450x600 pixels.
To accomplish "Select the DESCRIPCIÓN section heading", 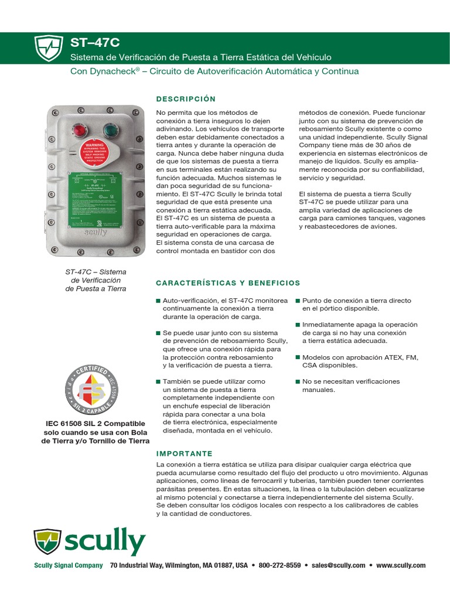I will pyautogui.click(x=186, y=98).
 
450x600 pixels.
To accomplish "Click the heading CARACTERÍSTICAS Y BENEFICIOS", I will pyautogui.click(x=228, y=283).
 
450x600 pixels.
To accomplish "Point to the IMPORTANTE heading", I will pyautogui.click(x=185, y=454).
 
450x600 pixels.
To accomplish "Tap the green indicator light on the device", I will pyautogui.click(x=110, y=128).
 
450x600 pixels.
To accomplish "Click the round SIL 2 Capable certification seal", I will pyautogui.click(x=95, y=388).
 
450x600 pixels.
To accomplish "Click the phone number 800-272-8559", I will pyautogui.click(x=279, y=565).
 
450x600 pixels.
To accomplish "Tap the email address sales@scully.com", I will pyautogui.click(x=338, y=565).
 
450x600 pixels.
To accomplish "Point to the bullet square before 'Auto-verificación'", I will pyautogui.click(x=158, y=301).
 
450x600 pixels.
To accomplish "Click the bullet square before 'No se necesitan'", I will pyautogui.click(x=298, y=381).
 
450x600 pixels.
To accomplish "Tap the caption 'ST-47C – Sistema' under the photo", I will pyautogui.click(x=96, y=272).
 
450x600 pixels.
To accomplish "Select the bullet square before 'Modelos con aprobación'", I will pyautogui.click(x=298, y=357).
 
